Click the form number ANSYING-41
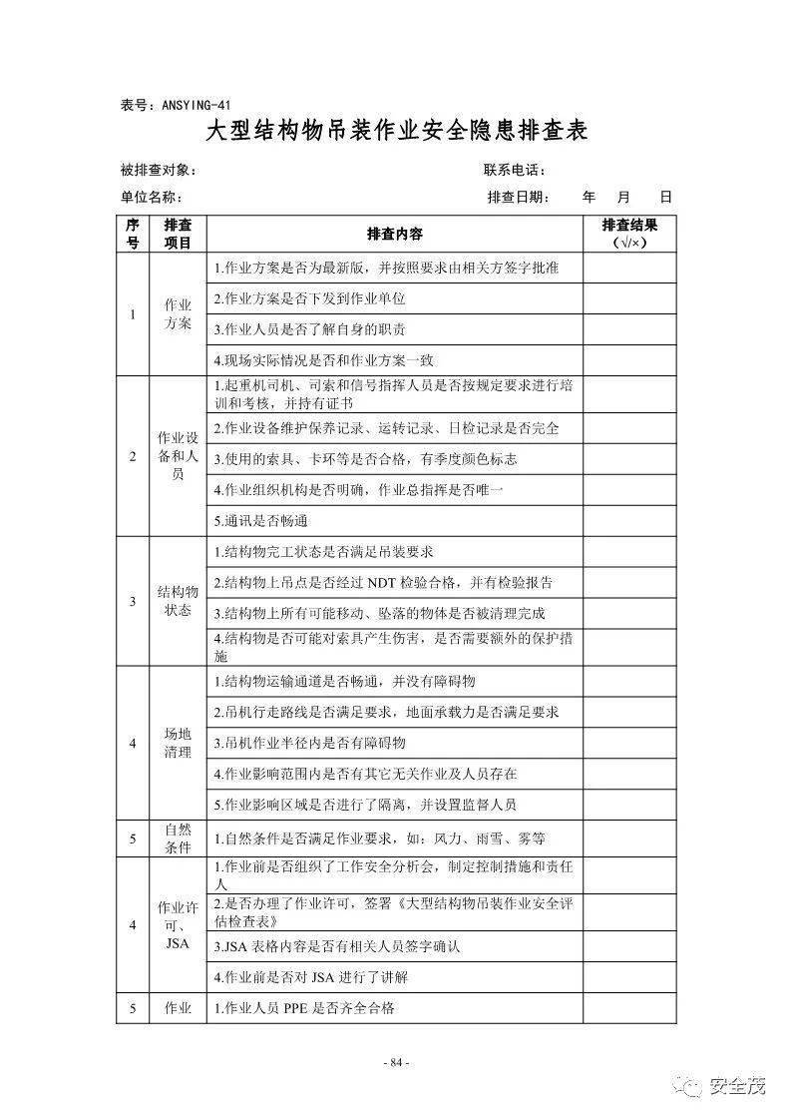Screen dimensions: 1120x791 point(176,105)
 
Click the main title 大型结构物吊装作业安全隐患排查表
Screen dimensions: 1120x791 point(396,131)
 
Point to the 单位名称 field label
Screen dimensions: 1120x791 point(152,198)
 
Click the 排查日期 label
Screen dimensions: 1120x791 point(518,198)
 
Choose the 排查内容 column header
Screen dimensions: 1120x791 point(395,235)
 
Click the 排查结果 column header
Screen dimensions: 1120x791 point(629,235)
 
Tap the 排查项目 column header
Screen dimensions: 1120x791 point(179,235)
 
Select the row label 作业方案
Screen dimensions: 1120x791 point(179,314)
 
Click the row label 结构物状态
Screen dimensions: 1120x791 point(179,601)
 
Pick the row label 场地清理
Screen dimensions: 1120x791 point(179,743)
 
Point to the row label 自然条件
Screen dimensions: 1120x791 point(179,839)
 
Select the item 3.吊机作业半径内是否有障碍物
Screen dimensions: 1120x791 point(310,744)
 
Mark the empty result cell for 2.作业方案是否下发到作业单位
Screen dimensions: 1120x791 point(629,298)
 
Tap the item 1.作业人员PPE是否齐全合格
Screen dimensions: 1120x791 point(305,1008)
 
